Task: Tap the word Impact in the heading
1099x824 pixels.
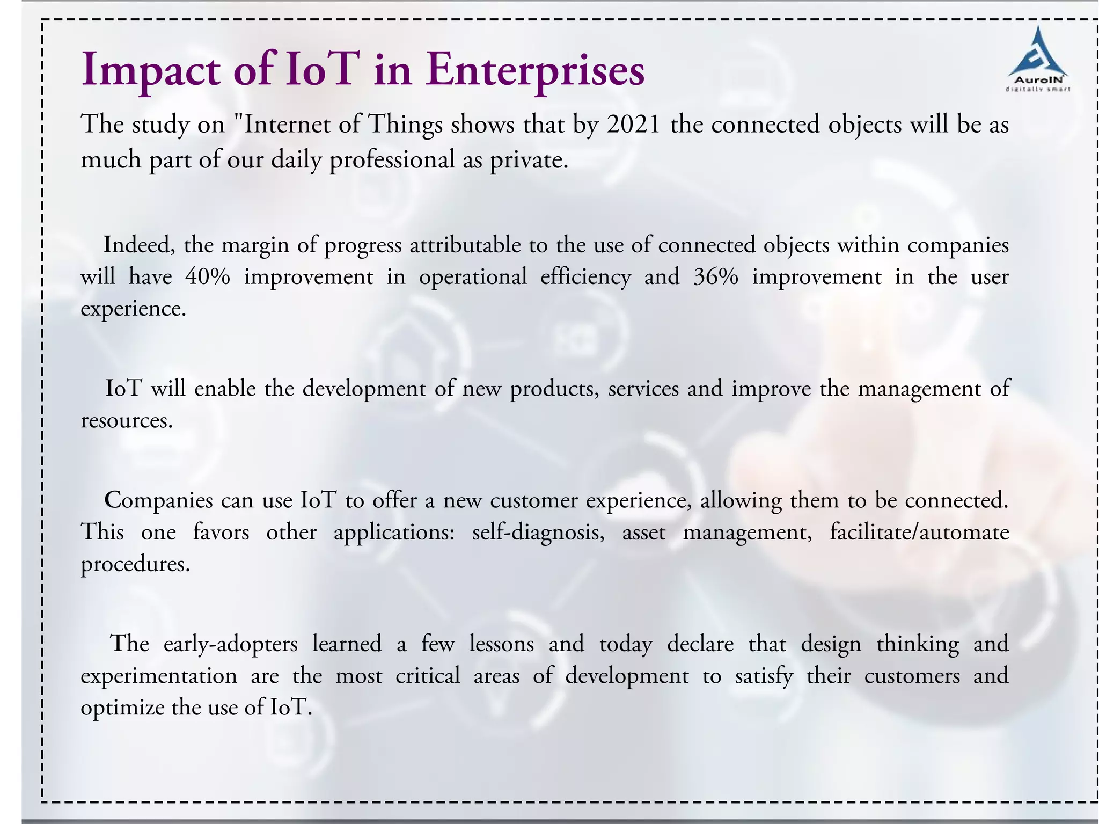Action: (150, 70)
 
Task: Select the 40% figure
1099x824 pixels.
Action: (208, 277)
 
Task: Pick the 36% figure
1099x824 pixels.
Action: (716, 277)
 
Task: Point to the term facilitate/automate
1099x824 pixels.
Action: (919, 533)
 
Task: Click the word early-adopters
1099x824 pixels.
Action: (230, 644)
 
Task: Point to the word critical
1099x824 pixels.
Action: (428, 676)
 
